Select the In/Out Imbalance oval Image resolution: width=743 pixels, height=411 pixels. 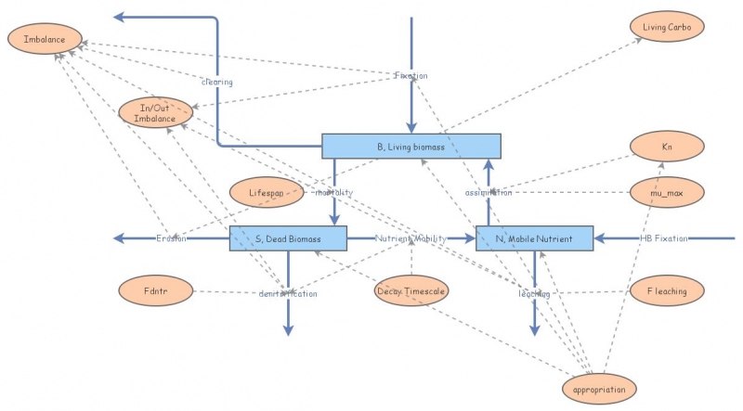(x=155, y=112)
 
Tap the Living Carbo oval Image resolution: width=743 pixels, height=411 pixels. (x=667, y=27)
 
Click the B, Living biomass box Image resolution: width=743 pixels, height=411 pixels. (x=411, y=146)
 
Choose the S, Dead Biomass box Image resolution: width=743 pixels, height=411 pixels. (x=288, y=238)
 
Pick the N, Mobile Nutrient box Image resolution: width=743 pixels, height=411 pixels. (x=534, y=238)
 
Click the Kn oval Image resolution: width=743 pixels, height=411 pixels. (x=667, y=147)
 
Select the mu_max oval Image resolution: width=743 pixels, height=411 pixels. (x=667, y=192)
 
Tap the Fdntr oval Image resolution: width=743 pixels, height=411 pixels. (x=155, y=291)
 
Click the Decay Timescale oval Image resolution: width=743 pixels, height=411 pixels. (x=411, y=291)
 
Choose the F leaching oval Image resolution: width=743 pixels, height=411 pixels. (x=667, y=291)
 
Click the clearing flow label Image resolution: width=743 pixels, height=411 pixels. (x=217, y=82)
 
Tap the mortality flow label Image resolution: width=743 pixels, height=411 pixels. (x=334, y=192)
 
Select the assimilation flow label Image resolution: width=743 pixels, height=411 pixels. (x=489, y=193)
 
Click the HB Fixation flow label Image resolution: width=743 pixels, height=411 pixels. (x=664, y=238)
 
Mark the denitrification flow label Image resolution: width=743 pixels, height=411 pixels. (x=288, y=294)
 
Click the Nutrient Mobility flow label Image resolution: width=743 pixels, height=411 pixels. (x=411, y=238)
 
